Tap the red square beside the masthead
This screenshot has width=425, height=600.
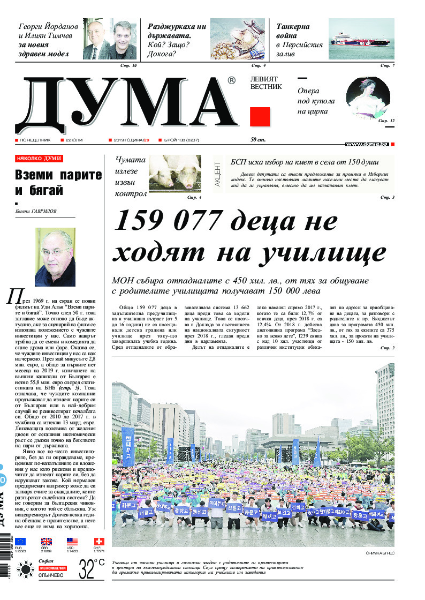(260, 116)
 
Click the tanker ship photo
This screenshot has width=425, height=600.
(361, 39)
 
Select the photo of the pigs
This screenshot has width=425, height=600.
(174, 174)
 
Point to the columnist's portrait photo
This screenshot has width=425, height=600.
(55, 257)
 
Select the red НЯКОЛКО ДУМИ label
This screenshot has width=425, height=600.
(39, 159)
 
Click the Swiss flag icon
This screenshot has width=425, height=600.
(98, 541)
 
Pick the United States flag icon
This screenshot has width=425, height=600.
(72, 541)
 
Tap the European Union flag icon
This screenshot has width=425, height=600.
(20, 541)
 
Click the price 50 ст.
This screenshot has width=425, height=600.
(258, 140)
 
